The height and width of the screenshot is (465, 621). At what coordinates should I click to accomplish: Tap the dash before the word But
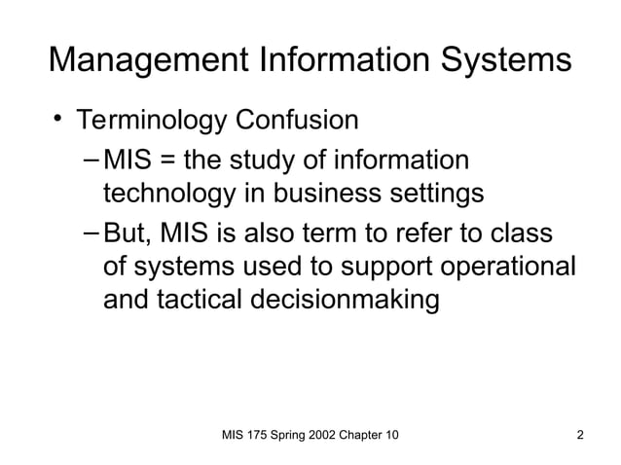pyautogui.click(x=91, y=234)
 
